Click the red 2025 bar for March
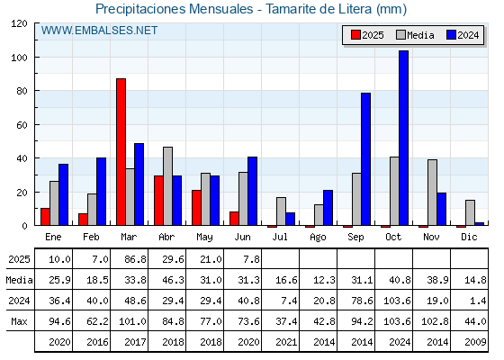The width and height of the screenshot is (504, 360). (x=121, y=152)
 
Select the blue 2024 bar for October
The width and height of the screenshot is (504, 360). (x=404, y=138)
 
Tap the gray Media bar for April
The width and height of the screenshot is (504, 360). (x=167, y=186)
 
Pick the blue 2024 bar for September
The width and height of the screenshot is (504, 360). (x=365, y=159)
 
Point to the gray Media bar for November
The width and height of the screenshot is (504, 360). (x=432, y=193)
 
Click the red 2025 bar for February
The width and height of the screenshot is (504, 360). (x=83, y=220)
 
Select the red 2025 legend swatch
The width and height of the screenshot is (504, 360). (x=355, y=35)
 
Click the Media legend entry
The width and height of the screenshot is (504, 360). (x=415, y=35)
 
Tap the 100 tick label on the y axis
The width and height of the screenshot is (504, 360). (x=19, y=58)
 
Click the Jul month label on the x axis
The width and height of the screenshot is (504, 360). (x=280, y=237)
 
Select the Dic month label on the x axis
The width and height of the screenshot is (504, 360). (x=469, y=237)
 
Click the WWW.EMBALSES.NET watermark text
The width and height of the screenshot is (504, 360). (x=99, y=31)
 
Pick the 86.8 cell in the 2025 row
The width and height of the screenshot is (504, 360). (x=135, y=259)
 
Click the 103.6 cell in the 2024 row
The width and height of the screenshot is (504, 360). (x=397, y=301)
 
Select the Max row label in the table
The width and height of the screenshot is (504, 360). (x=19, y=321)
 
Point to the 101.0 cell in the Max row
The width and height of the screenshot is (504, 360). (x=132, y=321)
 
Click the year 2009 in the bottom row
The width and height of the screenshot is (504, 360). (x=475, y=342)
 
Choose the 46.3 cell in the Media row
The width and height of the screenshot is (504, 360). (x=173, y=280)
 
